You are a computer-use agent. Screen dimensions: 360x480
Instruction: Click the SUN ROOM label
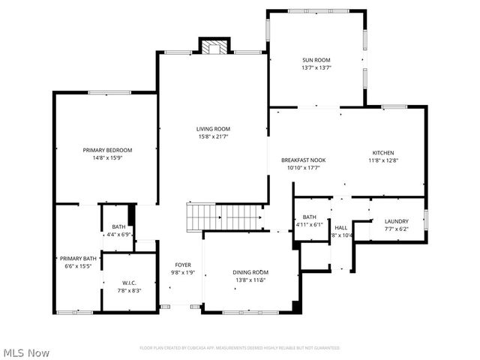coord(316,60)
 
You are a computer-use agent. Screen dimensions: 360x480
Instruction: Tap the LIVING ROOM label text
coord(214,128)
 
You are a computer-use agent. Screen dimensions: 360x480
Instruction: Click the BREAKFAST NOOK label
coord(303,160)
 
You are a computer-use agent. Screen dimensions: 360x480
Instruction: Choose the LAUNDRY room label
coord(396,221)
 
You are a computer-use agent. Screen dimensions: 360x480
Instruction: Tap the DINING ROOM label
coord(250,272)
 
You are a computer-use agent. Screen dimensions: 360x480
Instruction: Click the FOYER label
coord(183,265)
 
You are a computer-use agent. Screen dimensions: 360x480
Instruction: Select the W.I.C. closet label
coord(129,283)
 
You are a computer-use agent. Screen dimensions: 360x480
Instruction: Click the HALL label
coord(340,227)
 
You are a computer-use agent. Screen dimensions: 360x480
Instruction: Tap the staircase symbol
coord(224,217)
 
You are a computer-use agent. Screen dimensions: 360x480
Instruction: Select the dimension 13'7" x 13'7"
coord(316,67)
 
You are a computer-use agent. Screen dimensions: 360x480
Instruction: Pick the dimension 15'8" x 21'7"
coord(214,136)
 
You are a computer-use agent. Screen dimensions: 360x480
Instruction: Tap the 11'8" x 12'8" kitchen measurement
coord(382,160)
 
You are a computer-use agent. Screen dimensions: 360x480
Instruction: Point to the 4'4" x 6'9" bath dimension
coord(118,234)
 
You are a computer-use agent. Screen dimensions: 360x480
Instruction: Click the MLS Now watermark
coord(25,352)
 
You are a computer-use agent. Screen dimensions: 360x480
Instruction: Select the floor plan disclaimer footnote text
coord(239,348)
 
